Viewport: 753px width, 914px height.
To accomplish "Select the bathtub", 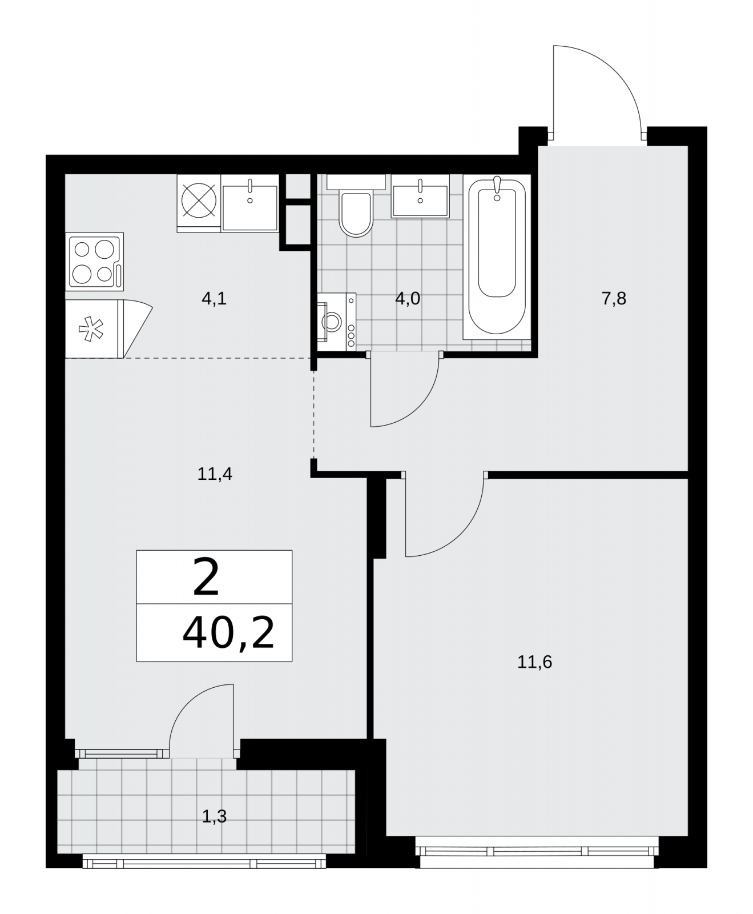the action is click(497, 256).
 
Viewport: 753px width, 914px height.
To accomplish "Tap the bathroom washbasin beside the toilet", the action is click(420, 195).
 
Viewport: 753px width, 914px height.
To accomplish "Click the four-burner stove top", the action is click(95, 260).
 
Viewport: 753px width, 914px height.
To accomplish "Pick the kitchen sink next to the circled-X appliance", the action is click(250, 203).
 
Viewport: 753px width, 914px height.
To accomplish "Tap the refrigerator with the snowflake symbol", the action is click(108, 330).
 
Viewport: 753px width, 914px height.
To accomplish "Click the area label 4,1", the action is click(214, 299).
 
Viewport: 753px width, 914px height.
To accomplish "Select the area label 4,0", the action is click(408, 299).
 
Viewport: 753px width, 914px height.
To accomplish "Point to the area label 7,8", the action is click(614, 299).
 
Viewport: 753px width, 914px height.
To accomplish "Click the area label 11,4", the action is click(215, 474).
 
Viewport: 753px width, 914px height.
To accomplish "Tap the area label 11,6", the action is click(535, 663).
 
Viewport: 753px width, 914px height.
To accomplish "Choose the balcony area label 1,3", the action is click(215, 817).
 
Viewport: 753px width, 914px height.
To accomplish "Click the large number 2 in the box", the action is click(206, 578).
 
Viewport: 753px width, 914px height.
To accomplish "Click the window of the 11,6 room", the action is click(536, 851).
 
